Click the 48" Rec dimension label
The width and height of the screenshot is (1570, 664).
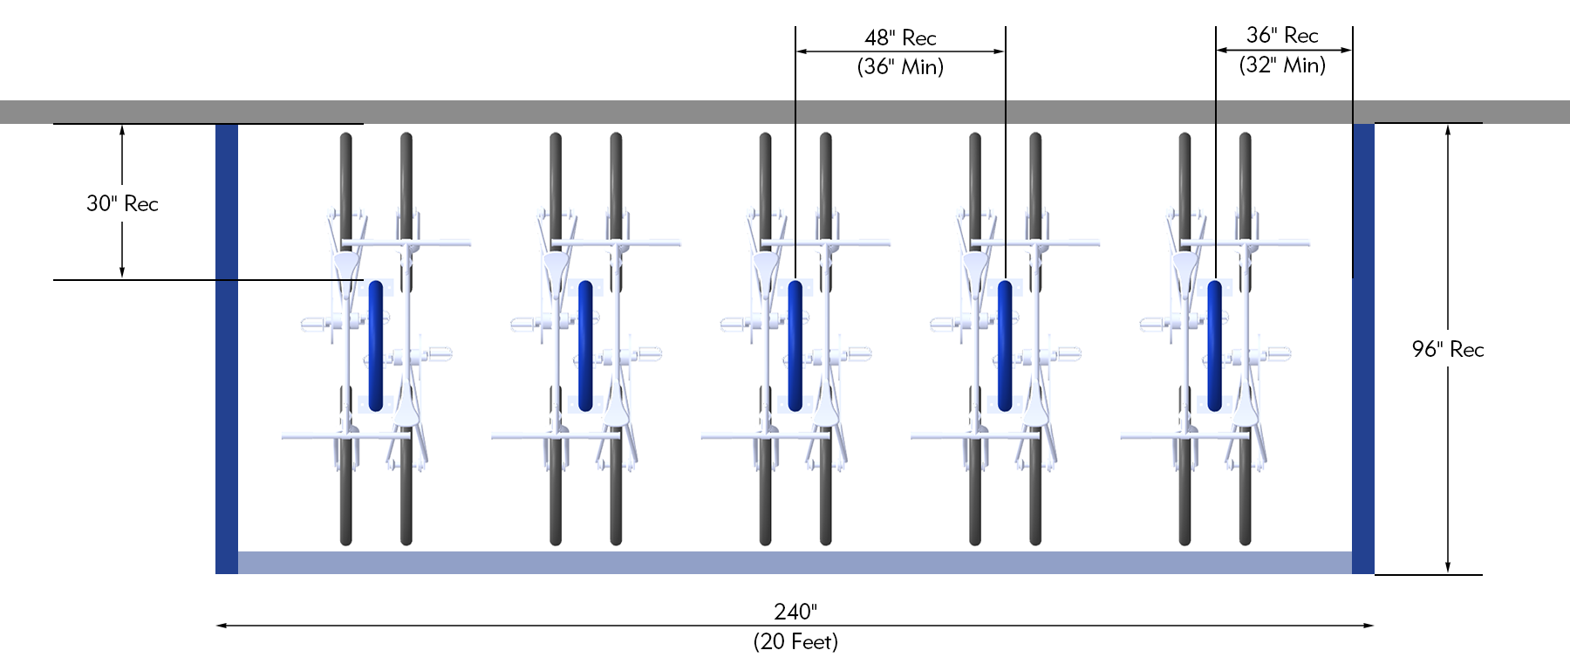900,38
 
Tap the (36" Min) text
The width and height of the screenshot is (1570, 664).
900,67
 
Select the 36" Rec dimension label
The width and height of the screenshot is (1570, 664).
1281,35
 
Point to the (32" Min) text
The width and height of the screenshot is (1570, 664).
1281,65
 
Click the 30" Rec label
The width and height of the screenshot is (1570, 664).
122,203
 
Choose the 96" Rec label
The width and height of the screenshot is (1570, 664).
1447,349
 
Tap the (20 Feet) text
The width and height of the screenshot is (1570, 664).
795,642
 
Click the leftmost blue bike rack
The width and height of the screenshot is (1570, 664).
376,346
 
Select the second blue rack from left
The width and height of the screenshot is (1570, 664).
585,346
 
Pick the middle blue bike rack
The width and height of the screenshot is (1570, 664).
795,346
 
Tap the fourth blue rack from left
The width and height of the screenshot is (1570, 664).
1005,346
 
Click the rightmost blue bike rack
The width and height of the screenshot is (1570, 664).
1214,346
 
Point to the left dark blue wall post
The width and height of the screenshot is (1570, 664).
227,349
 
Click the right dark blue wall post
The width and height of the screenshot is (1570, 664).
1362,349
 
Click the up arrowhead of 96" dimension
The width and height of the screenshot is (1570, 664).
1448,129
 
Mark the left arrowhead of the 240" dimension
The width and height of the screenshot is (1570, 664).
221,626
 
